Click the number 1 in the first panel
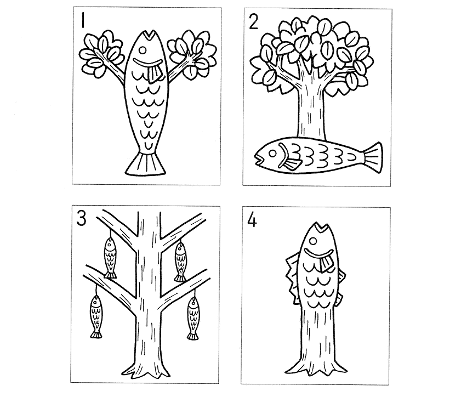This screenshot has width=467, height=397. (83, 21)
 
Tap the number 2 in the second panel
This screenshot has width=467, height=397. (253, 22)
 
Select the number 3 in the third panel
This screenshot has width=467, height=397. (81, 218)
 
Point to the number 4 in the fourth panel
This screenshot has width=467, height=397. (252, 221)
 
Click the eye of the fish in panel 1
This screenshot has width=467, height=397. (143, 50)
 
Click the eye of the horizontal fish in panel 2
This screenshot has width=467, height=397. (272, 154)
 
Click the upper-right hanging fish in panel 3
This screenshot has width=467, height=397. (180, 262)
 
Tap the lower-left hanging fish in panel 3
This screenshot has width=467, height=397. (95, 316)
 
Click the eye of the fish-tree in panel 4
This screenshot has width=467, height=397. (313, 241)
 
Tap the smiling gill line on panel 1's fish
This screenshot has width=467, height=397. (148, 63)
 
